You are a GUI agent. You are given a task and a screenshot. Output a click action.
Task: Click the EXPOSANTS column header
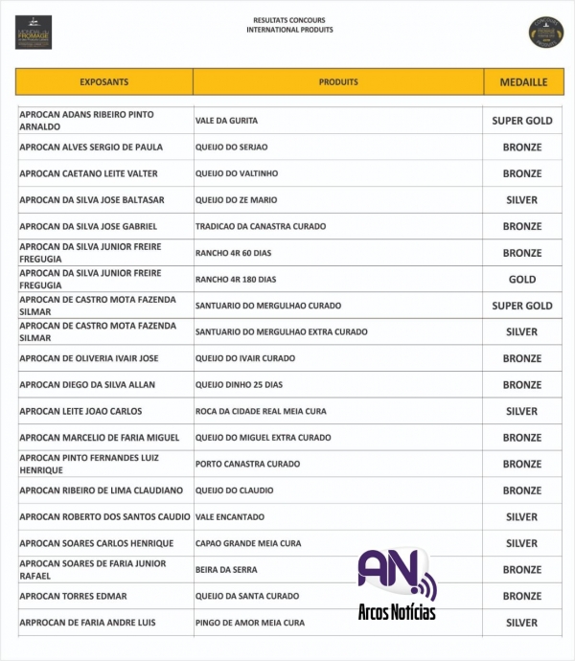click(x=103, y=82)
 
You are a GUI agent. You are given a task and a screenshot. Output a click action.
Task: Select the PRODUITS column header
click(x=338, y=82)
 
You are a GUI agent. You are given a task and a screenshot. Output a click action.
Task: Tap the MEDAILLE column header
click(x=523, y=82)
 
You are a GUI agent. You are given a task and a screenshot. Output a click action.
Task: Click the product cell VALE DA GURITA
click(x=226, y=121)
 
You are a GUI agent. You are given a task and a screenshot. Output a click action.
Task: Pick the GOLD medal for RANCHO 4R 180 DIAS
click(x=522, y=280)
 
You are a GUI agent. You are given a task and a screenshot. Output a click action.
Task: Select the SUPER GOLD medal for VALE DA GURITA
click(x=522, y=121)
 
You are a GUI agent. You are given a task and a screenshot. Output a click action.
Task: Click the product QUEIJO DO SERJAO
click(x=231, y=148)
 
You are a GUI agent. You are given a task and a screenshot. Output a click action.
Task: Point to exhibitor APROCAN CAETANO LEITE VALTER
click(x=88, y=173)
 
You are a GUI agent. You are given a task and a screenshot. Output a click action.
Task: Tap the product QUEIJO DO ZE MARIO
click(x=235, y=200)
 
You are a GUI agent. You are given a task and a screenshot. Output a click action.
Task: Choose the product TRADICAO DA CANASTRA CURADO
click(x=261, y=227)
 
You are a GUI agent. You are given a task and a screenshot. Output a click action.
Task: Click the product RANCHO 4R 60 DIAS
click(x=235, y=253)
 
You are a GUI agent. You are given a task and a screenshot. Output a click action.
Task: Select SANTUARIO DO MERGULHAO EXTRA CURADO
click(x=281, y=332)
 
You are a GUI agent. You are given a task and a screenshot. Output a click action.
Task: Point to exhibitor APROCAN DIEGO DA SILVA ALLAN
click(x=87, y=385)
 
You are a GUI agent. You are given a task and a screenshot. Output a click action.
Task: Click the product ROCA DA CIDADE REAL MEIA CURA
click(x=261, y=411)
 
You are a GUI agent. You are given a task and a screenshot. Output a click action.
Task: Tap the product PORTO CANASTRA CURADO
click(x=247, y=464)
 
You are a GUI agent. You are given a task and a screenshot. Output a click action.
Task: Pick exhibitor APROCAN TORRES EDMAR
click(x=73, y=596)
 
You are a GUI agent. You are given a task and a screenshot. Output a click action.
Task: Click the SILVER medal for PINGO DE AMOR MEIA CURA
click(x=522, y=623)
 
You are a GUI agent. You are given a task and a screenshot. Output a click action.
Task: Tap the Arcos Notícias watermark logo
click(x=396, y=583)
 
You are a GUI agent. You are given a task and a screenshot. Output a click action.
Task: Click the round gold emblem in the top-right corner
click(x=546, y=32)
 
